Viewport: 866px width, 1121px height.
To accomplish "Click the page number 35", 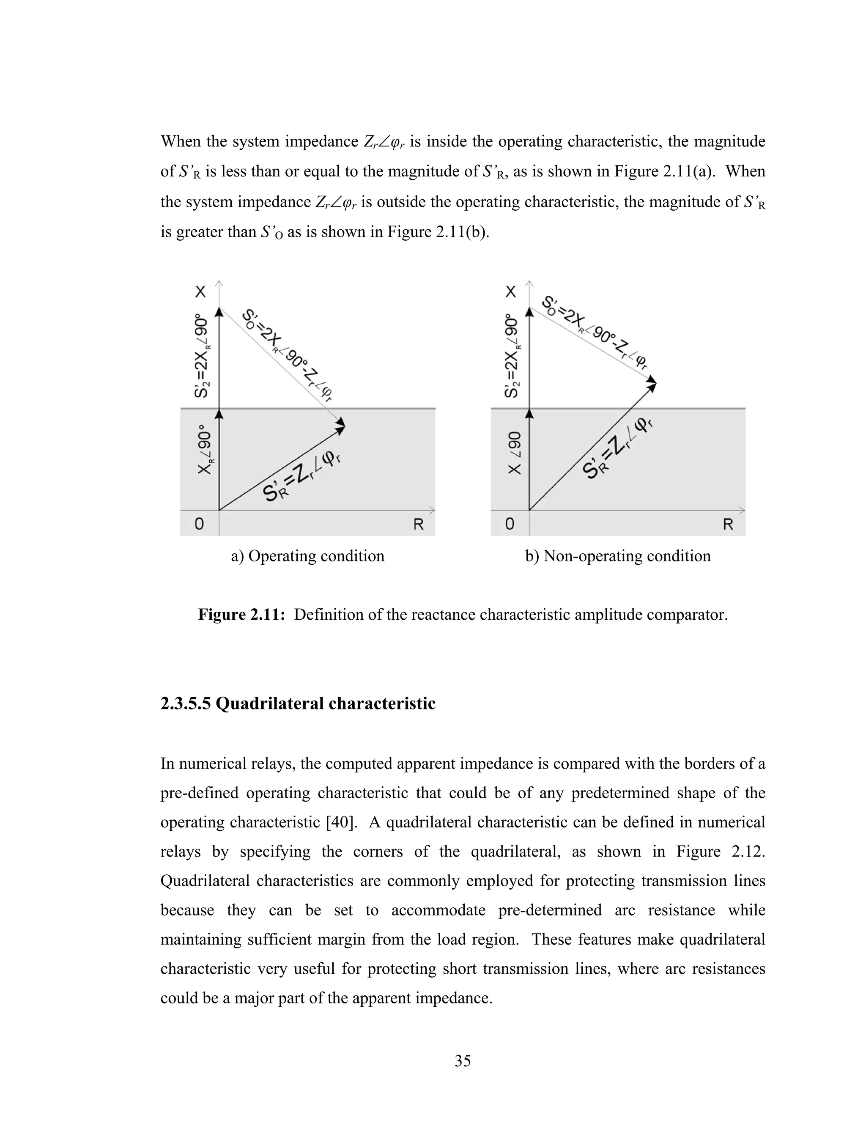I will (x=462, y=1061).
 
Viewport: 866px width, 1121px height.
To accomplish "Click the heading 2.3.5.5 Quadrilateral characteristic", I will (x=298, y=703).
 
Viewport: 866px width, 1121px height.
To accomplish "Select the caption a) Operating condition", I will (x=307, y=556).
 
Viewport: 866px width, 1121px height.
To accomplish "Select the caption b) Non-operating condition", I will (x=618, y=556).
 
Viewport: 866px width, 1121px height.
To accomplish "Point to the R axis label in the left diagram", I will (x=418, y=525).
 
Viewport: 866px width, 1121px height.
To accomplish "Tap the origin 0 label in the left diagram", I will (x=199, y=524).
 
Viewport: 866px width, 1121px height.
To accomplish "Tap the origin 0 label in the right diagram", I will (x=510, y=524).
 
